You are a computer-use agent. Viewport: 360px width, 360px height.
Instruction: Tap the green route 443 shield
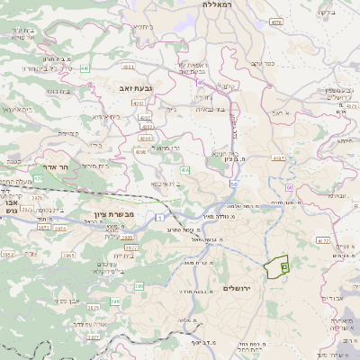[x=84, y=68]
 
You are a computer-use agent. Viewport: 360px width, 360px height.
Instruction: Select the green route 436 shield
[x=184, y=169]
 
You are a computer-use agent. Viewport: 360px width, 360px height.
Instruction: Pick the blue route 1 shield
[x=158, y=218]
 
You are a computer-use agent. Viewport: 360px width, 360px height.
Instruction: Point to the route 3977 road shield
[x=131, y=247]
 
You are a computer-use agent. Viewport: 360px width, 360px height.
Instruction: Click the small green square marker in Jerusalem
[x=284, y=267]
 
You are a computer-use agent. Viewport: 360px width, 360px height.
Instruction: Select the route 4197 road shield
[x=278, y=158]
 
